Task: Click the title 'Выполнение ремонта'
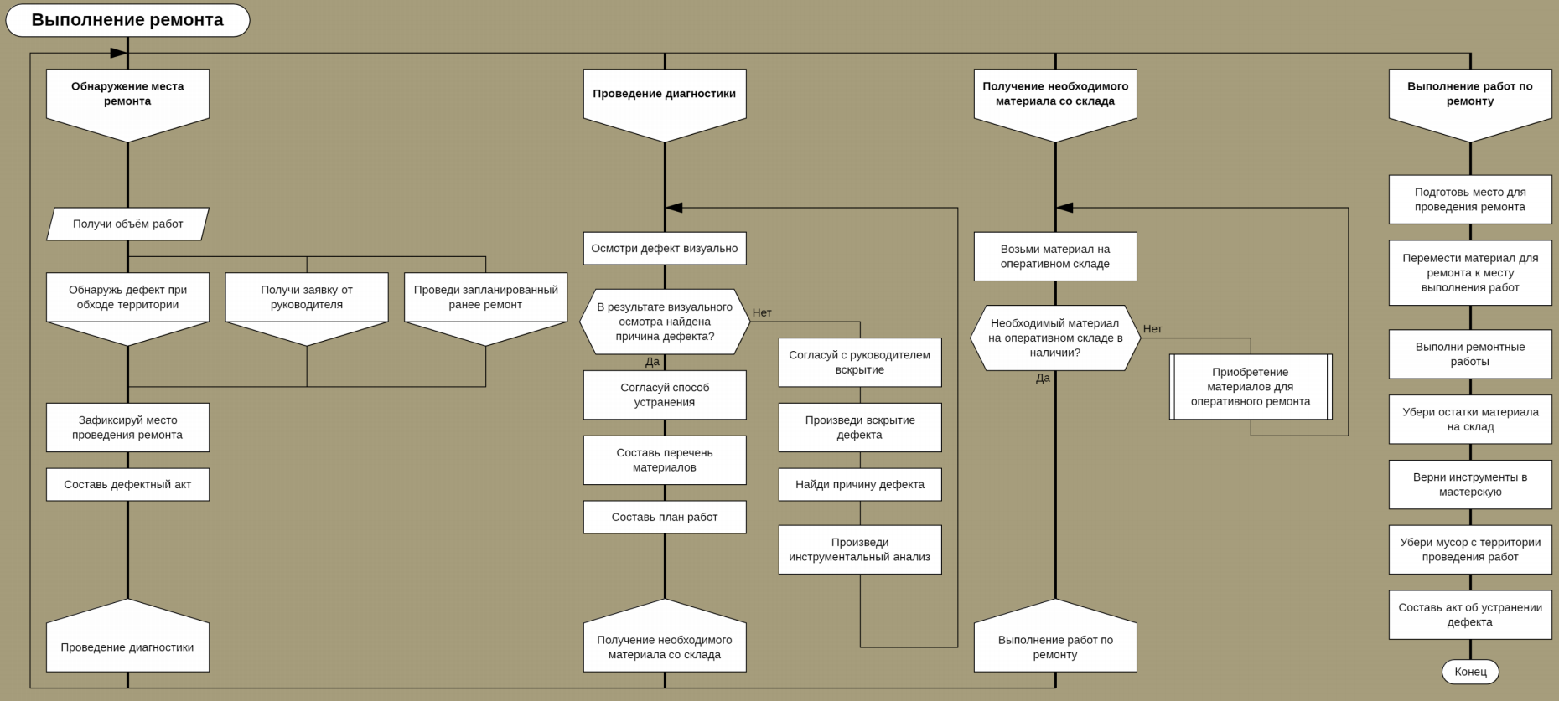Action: point(127,20)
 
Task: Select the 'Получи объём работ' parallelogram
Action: point(127,224)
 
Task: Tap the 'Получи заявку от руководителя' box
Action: point(307,297)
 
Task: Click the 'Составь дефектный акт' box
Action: point(127,484)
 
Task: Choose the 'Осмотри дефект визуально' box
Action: point(665,248)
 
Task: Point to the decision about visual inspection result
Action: point(665,322)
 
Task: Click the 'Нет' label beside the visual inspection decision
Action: point(762,312)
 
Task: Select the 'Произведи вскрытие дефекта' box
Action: point(860,427)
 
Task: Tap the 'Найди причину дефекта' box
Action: point(860,484)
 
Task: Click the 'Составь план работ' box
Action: point(665,517)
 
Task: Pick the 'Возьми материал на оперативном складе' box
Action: point(1055,256)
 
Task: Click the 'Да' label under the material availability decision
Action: point(1043,378)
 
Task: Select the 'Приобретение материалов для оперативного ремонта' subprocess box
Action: point(1251,386)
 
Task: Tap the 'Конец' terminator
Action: point(1470,672)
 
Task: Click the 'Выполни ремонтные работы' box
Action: point(1470,354)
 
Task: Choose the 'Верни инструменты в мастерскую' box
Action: point(1470,484)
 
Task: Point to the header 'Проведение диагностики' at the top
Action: point(665,94)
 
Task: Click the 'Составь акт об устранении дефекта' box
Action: point(1470,615)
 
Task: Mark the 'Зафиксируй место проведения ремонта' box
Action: point(127,427)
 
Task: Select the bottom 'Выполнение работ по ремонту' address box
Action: point(1055,647)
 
